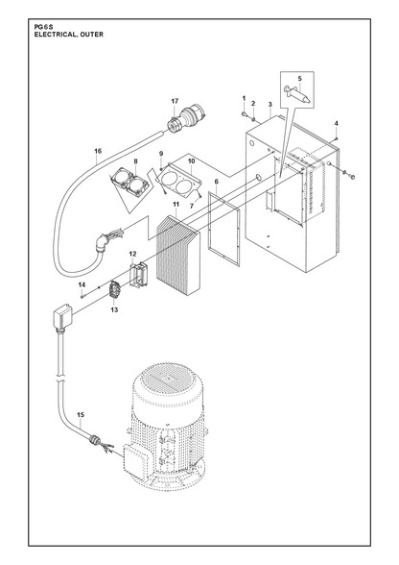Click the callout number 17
(x=175, y=101)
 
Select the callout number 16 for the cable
(x=98, y=151)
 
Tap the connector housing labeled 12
(x=137, y=273)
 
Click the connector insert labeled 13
(x=114, y=290)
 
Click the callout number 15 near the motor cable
(x=81, y=415)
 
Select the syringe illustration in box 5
(x=296, y=94)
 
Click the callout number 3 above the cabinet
(x=270, y=105)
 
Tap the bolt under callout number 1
(x=244, y=114)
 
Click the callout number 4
(x=337, y=123)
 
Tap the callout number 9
(x=161, y=154)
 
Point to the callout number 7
(x=192, y=207)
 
